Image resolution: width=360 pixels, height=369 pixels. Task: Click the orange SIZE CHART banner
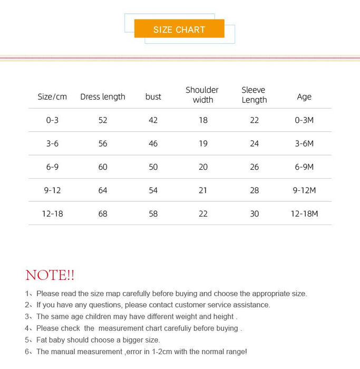pyautogui.click(x=179, y=29)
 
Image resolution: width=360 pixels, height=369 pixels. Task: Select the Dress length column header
pyautogui.click(x=103, y=96)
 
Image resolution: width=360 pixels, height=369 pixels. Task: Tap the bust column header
pyautogui.click(x=153, y=96)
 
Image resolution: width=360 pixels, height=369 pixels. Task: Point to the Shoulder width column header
pyautogui.click(x=202, y=95)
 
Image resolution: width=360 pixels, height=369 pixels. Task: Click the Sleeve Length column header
pyautogui.click(x=254, y=95)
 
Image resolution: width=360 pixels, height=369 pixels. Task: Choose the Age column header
pyautogui.click(x=304, y=96)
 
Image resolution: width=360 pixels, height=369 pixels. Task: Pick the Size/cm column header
pyautogui.click(x=52, y=96)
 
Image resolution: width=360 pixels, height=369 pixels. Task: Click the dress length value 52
pyautogui.click(x=103, y=120)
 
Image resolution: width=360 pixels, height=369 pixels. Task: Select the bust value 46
pyautogui.click(x=153, y=143)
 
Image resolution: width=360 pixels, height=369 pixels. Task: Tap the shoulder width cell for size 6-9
pyautogui.click(x=203, y=167)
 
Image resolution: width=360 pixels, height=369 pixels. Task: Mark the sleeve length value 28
pyautogui.click(x=254, y=190)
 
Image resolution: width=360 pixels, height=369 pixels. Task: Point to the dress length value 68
pyautogui.click(x=103, y=213)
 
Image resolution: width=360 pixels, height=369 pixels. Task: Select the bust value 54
pyautogui.click(x=153, y=190)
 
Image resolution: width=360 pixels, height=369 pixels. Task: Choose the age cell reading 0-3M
pyautogui.click(x=304, y=120)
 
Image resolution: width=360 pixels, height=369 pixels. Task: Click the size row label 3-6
pyautogui.click(x=52, y=143)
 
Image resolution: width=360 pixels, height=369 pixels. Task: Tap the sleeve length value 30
pyautogui.click(x=254, y=213)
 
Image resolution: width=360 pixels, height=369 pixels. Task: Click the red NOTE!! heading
pyautogui.click(x=50, y=275)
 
